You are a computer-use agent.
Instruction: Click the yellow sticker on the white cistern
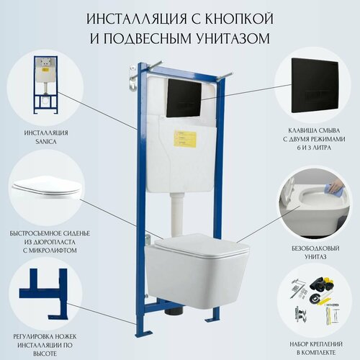tap(186, 136)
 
